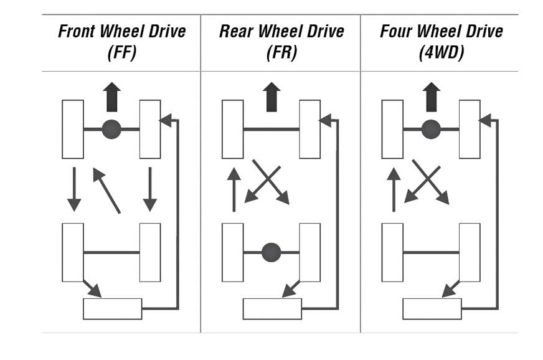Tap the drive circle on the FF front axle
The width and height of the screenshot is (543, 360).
click(111, 129)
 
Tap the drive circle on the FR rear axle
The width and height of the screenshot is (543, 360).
click(271, 252)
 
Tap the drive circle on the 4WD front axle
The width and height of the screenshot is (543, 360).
click(431, 129)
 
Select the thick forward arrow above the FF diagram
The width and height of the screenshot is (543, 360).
click(111, 97)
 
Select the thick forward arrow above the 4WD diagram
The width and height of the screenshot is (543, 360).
click(431, 97)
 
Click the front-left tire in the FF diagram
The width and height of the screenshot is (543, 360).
click(73, 129)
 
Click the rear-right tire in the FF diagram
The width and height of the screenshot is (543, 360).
click(150, 252)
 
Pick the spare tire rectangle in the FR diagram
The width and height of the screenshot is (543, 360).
click(272, 309)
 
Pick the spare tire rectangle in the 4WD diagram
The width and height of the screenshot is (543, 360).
click(432, 309)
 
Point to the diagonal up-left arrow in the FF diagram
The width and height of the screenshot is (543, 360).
click(106, 190)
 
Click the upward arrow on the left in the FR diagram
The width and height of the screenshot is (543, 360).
click(234, 190)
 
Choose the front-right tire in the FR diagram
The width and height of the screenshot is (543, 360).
click(309, 129)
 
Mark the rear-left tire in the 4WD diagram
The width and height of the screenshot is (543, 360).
click(392, 252)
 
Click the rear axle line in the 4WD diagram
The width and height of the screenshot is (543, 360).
click(431, 252)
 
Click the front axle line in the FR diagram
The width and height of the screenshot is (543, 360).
click(271, 129)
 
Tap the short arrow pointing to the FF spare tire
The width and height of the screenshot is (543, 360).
click(92, 288)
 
